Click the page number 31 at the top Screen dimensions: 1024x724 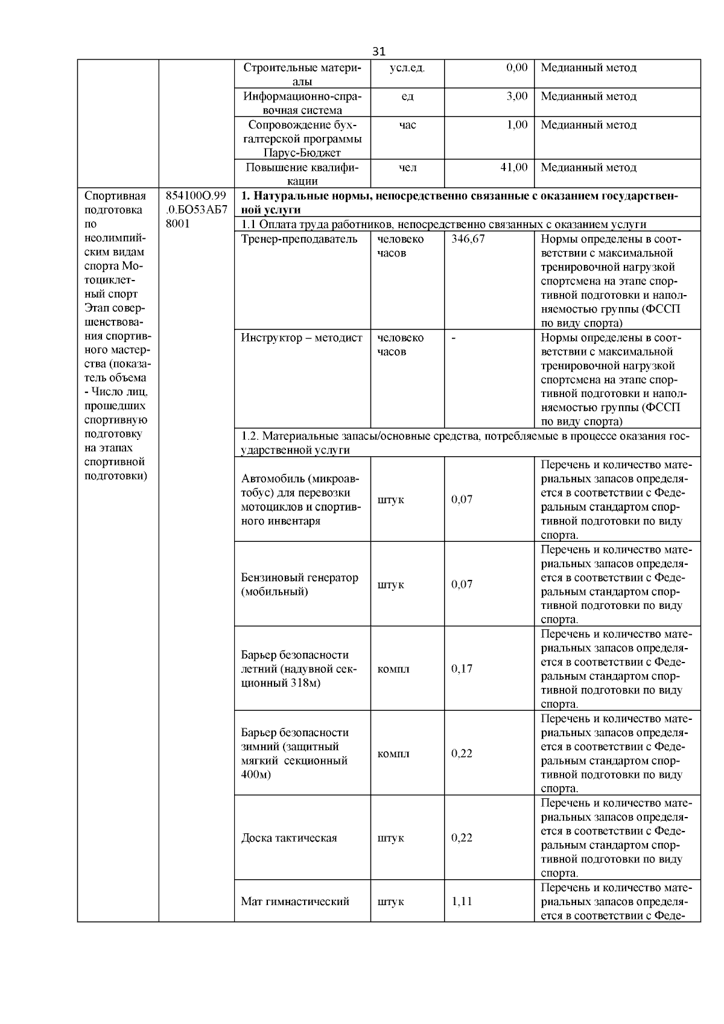(x=378, y=51)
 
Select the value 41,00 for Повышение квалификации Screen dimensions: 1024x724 (x=514, y=167)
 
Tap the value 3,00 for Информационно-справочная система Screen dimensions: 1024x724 (x=516, y=96)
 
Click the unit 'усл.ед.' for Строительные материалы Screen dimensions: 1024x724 (x=407, y=68)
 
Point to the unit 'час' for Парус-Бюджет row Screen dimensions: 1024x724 (x=407, y=125)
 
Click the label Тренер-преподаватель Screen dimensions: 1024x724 (x=299, y=239)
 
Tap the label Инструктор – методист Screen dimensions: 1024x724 (x=302, y=338)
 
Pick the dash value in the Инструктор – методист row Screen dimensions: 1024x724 (x=454, y=338)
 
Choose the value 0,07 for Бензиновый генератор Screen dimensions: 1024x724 (x=462, y=584)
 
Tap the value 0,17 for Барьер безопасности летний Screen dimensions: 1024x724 (x=462, y=669)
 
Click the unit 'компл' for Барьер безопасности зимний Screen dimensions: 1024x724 (x=393, y=754)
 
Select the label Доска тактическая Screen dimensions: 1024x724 (x=289, y=838)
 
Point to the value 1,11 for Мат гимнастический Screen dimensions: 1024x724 (x=462, y=902)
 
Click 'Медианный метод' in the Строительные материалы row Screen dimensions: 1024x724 (x=588, y=68)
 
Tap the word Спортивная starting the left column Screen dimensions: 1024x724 (x=115, y=196)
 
